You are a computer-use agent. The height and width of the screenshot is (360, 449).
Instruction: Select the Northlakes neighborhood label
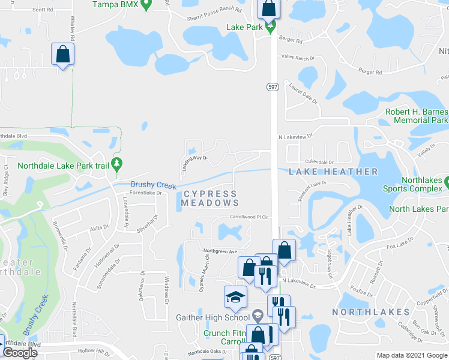pyautogui.click(x=370, y=312)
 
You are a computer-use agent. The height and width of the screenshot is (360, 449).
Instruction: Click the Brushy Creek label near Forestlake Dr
pyautogui.click(x=154, y=185)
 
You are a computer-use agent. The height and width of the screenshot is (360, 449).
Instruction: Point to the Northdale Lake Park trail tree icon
pyautogui.click(x=118, y=163)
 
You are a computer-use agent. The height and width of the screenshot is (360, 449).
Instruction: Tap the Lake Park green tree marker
pyautogui.click(x=270, y=26)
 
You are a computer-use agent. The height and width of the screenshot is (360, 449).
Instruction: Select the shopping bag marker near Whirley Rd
pyautogui.click(x=62, y=55)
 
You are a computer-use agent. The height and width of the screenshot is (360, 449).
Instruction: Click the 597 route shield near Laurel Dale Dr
pyautogui.click(x=273, y=87)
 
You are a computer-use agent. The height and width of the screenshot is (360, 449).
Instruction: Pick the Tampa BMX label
pyautogui.click(x=116, y=4)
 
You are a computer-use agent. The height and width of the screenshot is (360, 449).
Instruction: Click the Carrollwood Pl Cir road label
pyautogui.click(x=247, y=217)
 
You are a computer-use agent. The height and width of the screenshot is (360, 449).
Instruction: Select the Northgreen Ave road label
pyautogui.click(x=220, y=251)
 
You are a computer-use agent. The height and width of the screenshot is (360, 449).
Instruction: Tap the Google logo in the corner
pyautogui.click(x=20, y=352)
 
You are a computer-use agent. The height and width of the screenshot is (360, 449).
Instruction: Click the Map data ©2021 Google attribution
pyautogui.click(x=412, y=355)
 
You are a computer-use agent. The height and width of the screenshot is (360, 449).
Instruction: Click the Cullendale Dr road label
pyautogui.click(x=319, y=162)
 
